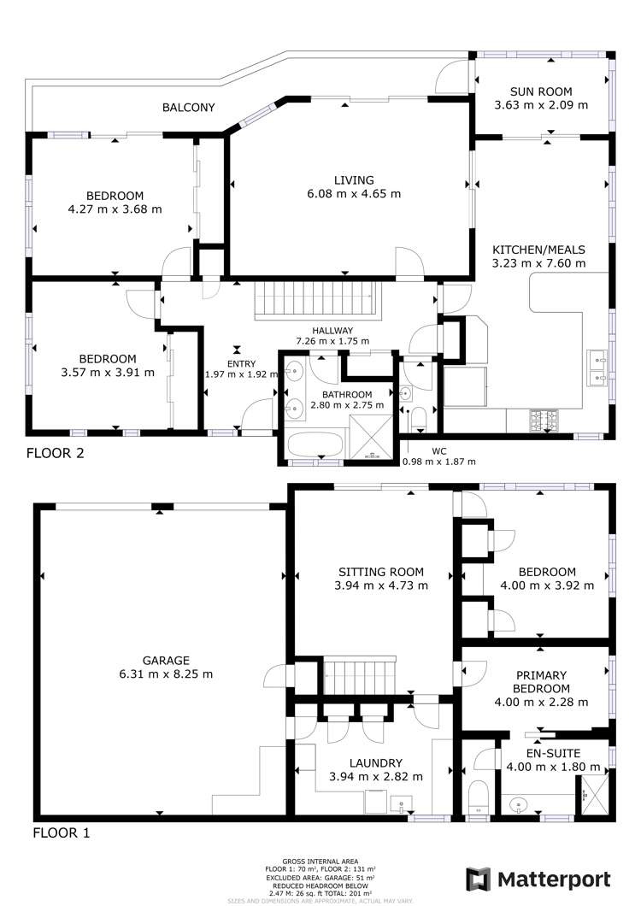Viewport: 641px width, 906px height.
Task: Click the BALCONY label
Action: coord(188,108)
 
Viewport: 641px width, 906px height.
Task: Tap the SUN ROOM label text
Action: coord(541,91)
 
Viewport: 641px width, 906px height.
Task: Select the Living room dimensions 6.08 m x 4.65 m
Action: coord(355,194)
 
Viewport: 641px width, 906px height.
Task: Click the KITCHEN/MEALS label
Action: coord(538,250)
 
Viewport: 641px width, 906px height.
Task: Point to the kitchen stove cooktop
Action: coord(544,419)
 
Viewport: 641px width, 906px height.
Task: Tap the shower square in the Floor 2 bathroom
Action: coord(371,443)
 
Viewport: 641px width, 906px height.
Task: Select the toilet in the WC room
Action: coord(419,420)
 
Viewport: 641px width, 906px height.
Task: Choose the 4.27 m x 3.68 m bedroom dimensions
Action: coord(115,209)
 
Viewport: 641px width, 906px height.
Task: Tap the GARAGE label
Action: coord(167,660)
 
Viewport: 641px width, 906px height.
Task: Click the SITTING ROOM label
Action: coord(381,572)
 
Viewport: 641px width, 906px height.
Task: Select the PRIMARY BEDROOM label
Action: coord(541,681)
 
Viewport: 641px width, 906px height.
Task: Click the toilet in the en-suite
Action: coord(478,797)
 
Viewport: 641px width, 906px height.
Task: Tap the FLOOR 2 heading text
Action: coord(55,453)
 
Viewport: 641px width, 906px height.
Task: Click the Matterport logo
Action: coord(538,879)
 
